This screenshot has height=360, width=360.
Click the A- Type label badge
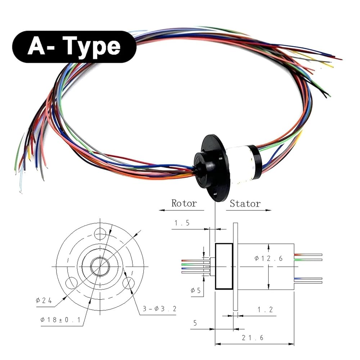coord(74,47)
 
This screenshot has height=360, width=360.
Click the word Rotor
coord(184,203)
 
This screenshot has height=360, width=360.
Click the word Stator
coord(245,204)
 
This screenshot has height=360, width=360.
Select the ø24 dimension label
coord(44,300)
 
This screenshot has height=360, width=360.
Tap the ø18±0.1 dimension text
coord(60,320)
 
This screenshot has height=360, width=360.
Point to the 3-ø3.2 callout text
coord(159,309)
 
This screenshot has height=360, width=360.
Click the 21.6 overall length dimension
coord(252,338)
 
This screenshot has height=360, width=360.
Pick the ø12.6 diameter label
coord(269,258)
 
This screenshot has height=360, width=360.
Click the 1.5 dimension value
coord(182,223)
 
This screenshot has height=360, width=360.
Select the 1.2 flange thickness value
coord(265,310)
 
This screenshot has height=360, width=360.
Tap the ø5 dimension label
coord(195,291)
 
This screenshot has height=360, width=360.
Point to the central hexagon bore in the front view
coord(100,266)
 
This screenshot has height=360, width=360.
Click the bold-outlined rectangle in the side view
coord(224,266)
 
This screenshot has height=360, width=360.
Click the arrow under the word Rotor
coord(181,210)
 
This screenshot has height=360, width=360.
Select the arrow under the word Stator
coord(248,210)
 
